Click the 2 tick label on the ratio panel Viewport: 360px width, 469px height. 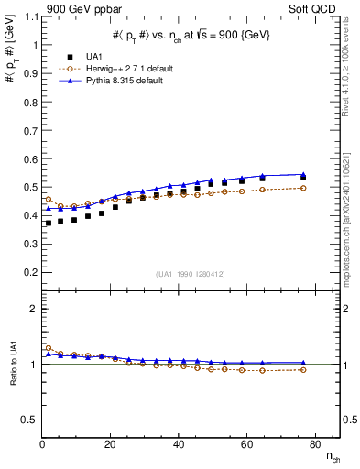[x=33, y=310]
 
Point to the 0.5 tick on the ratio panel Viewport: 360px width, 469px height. [x=28, y=420]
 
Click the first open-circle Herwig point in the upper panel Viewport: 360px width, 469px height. [x=49, y=199]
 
